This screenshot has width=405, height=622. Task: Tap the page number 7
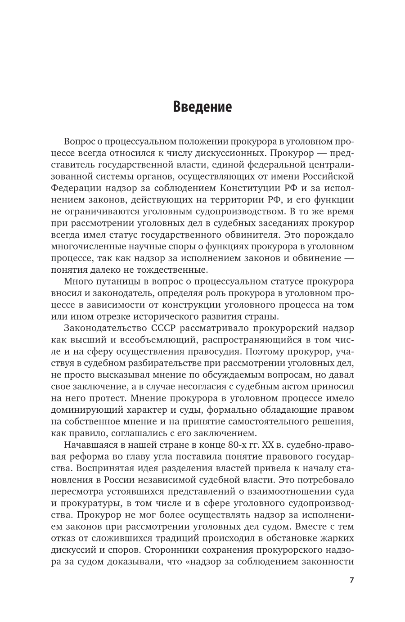click(x=352, y=592)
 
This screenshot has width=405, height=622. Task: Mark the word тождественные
click(x=176, y=270)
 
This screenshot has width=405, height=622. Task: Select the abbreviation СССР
click(x=162, y=317)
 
